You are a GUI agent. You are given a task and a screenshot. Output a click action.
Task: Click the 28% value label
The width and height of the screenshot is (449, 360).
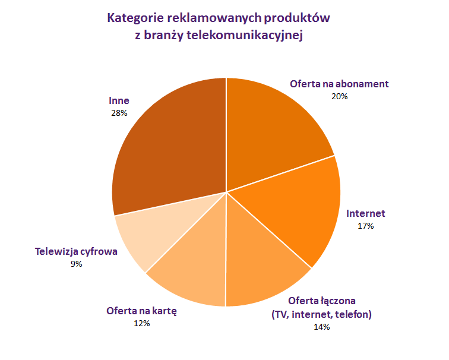click(119, 113)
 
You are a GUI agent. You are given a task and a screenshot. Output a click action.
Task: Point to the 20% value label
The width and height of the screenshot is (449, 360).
click(340, 96)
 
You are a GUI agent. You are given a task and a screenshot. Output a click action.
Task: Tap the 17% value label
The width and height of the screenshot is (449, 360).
click(366, 226)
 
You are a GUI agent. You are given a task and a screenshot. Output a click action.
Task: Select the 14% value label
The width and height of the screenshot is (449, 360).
click(321, 327)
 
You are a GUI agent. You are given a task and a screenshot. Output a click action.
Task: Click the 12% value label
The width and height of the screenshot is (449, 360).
click(142, 323)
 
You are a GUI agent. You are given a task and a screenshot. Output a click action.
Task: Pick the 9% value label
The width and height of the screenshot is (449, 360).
click(77, 264)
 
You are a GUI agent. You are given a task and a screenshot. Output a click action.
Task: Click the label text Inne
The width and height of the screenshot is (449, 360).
click(119, 100)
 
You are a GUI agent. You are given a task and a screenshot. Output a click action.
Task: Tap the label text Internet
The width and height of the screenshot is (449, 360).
click(366, 213)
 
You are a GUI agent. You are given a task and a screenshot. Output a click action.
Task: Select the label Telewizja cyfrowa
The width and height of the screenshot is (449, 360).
click(76, 251)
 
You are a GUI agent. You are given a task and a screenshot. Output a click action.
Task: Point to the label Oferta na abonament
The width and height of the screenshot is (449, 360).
click(339, 84)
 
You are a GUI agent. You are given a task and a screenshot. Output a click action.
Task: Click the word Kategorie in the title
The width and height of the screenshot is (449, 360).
click(135, 18)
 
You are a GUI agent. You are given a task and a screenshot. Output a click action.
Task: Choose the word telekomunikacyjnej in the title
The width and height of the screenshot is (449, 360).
click(245, 35)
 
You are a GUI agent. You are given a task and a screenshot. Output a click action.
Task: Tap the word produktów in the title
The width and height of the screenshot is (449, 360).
click(297, 18)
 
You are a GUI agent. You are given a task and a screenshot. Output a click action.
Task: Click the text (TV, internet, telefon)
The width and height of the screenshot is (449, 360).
click(321, 314)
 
